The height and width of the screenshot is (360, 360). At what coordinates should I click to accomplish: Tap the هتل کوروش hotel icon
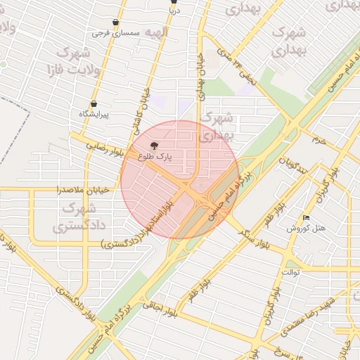click(x=305, y=217)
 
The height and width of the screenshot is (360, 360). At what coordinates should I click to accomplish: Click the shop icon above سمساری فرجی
click(x=115, y=22)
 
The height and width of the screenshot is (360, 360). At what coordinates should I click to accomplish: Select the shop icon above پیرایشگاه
click(x=94, y=104)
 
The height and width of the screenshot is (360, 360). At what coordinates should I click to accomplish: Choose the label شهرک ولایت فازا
click(x=74, y=61)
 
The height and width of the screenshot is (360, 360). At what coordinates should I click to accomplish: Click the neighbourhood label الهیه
click(x=155, y=32)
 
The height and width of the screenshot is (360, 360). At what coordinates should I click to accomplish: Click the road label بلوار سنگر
click(x=256, y=238)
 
